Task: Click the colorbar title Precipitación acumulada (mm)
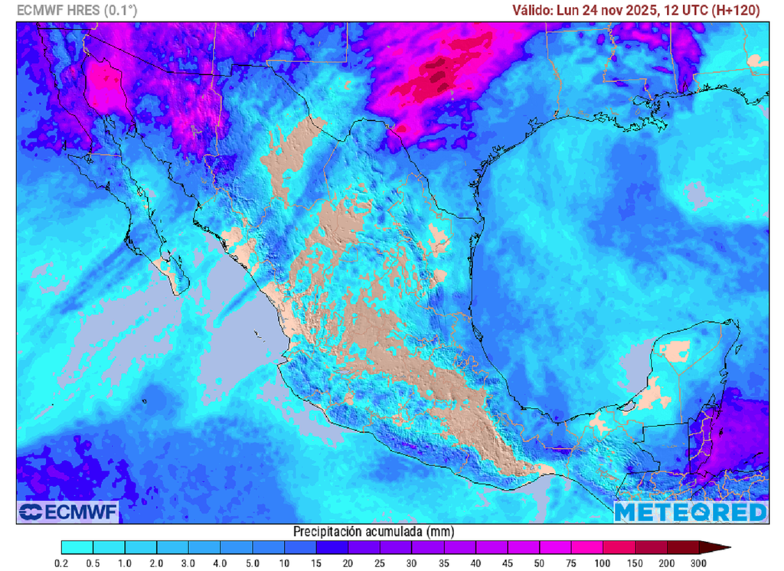pyautogui.click(x=374, y=531)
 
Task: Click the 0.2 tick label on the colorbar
pyautogui.click(x=61, y=563)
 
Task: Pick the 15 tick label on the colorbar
pyautogui.click(x=316, y=563)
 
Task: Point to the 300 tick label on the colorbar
pyautogui.click(x=699, y=563)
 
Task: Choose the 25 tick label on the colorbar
pyautogui.click(x=381, y=563)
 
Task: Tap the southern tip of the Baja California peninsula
pyautogui.click(x=180, y=292)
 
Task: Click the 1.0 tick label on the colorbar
pyautogui.click(x=125, y=563)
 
